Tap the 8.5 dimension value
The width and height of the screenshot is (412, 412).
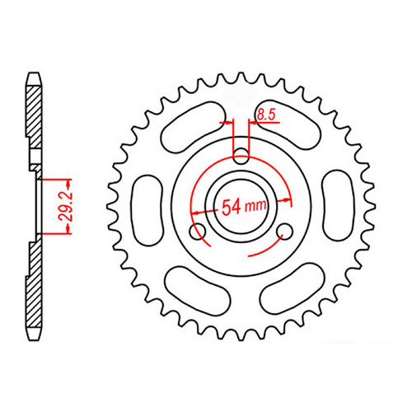pyautogui.click(x=265, y=116)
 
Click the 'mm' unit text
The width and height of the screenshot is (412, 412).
pyautogui.click(x=255, y=208)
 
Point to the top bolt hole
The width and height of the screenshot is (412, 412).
pyautogui.click(x=241, y=154)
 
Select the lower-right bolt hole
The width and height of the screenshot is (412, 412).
pyautogui.click(x=285, y=231)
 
